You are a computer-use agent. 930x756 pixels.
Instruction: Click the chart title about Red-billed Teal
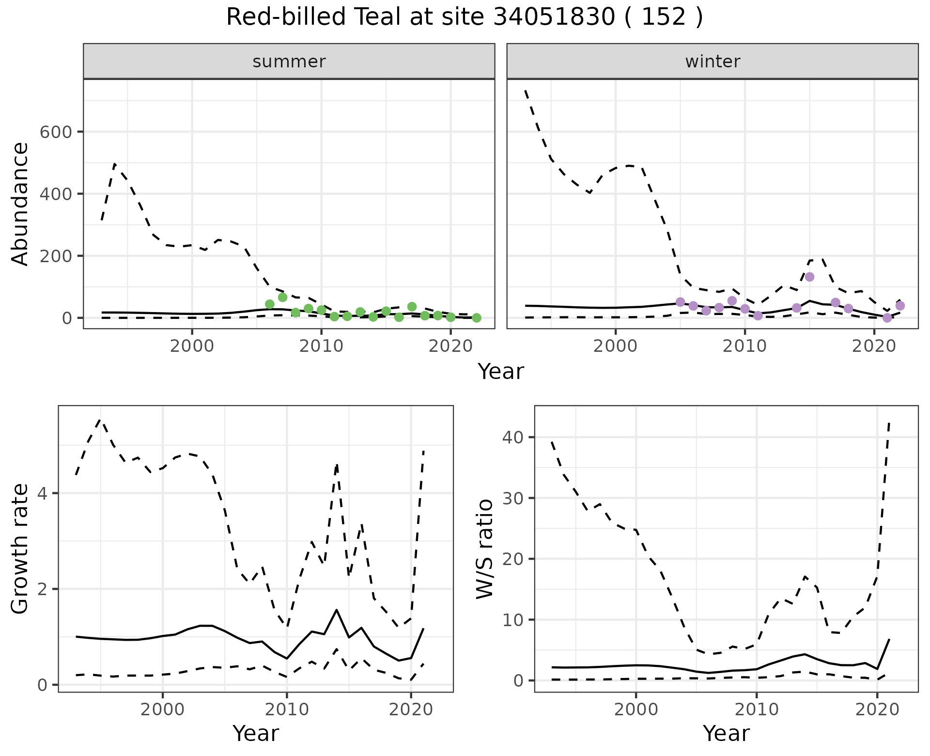click(465, 17)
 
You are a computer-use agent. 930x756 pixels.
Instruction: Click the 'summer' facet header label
click(289, 62)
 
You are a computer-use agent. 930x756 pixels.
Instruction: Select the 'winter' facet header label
click(713, 62)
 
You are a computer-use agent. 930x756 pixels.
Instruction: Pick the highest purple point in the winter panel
click(809, 277)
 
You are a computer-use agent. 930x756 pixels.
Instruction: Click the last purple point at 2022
click(900, 306)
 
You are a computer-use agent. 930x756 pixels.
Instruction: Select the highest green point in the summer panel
click(283, 297)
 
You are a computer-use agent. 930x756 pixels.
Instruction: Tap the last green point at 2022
click(477, 318)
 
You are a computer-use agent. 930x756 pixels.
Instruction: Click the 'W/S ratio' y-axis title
click(484, 550)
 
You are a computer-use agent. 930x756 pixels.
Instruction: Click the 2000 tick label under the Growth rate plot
click(163, 709)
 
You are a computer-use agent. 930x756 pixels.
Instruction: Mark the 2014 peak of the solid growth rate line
click(336, 610)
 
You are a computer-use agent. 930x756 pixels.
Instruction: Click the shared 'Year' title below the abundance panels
click(501, 372)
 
